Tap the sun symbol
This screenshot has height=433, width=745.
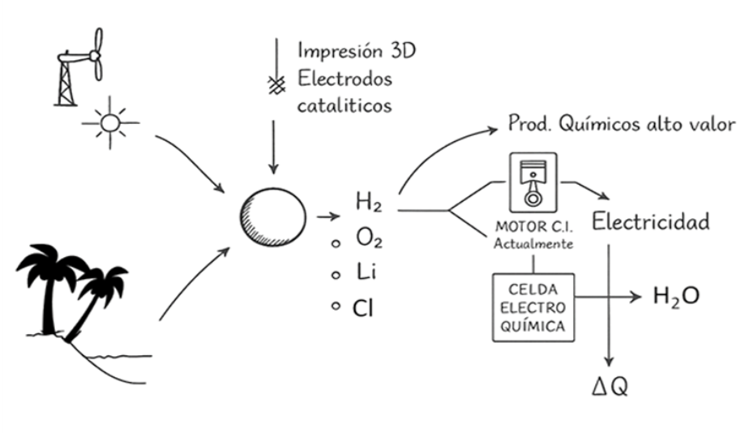110,123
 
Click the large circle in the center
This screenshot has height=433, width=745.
273,216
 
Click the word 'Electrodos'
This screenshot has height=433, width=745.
345,79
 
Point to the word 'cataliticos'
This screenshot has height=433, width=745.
345,105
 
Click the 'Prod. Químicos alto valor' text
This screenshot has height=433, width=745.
621,124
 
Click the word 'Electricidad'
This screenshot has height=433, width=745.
651,221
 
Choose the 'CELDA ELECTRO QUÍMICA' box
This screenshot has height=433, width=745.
533,307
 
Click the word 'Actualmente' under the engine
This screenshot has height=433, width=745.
533,242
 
